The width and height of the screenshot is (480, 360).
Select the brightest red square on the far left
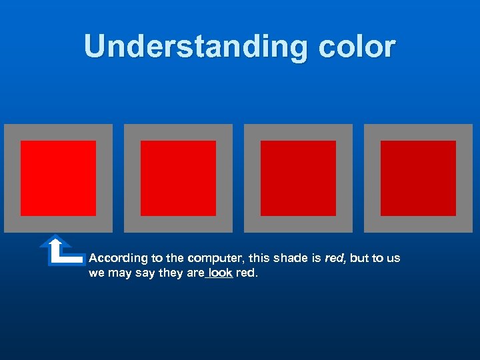coord(58,178)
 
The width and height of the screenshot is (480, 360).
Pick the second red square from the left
coord(178,178)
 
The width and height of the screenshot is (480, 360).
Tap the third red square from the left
coord(298,178)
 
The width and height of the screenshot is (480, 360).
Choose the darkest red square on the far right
coord(418,178)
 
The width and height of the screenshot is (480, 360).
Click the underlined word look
coord(220,273)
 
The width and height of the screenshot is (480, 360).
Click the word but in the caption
coord(360,258)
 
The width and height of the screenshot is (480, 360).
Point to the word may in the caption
coord(120,273)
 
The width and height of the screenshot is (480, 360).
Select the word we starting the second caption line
coord(96,273)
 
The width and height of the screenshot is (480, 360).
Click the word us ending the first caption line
coord(394,258)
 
